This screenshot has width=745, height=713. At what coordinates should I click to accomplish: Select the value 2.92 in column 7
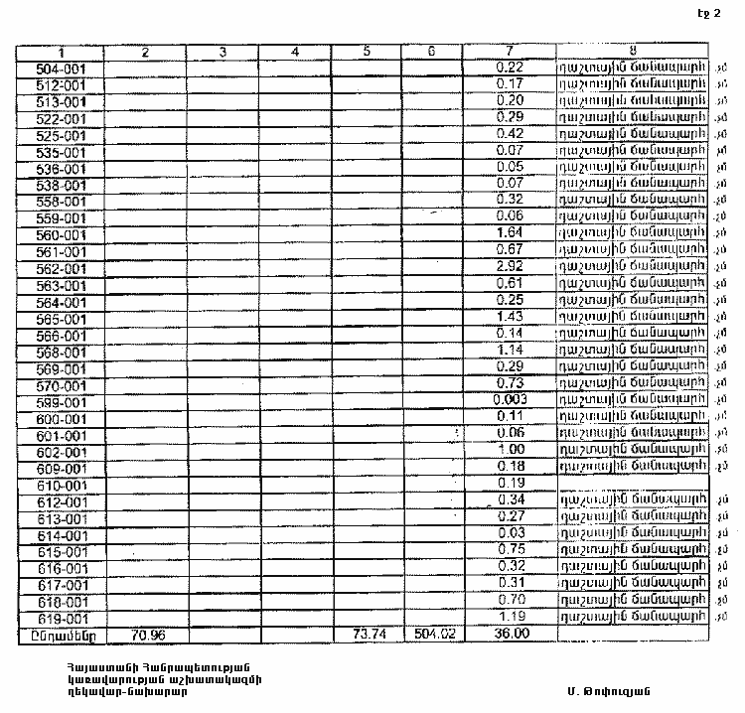click(510, 268)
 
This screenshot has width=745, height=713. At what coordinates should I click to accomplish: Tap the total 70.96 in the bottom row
click(146, 634)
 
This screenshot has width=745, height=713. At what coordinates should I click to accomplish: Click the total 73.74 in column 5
click(367, 634)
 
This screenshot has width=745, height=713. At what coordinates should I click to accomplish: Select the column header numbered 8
click(632, 51)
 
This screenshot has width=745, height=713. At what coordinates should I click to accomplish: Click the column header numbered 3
click(223, 51)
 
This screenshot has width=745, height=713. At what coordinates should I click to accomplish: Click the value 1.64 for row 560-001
click(510, 233)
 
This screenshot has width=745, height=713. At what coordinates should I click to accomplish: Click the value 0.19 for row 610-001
click(510, 483)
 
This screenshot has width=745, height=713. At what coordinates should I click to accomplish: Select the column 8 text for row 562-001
click(634, 268)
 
